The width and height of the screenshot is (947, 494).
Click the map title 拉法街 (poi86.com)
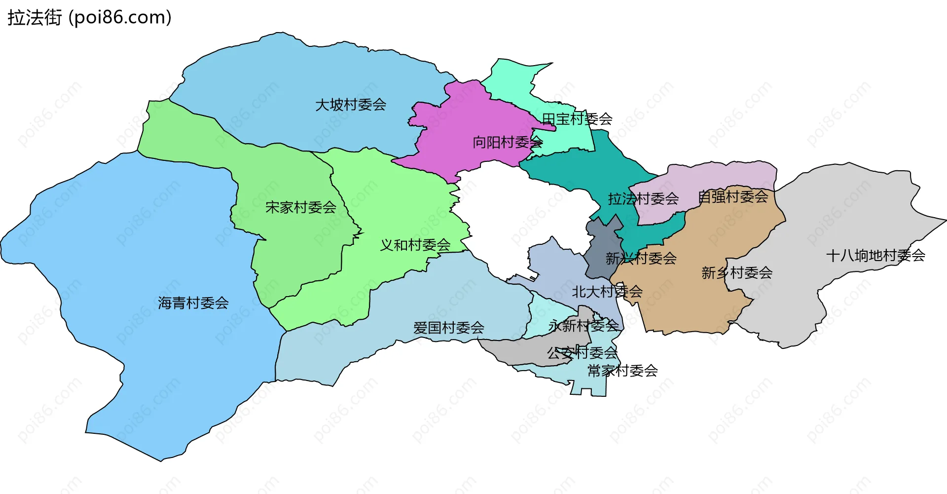click(x=89, y=18)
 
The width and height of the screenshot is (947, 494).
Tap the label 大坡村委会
click(x=351, y=105)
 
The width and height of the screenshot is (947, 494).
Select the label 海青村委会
click(x=193, y=303)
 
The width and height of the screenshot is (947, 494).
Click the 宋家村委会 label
click(x=301, y=207)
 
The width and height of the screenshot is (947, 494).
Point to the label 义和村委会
click(x=415, y=245)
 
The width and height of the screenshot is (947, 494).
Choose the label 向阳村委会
click(x=508, y=143)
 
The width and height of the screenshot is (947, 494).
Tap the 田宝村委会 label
click(x=577, y=119)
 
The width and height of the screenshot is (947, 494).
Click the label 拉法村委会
click(x=643, y=199)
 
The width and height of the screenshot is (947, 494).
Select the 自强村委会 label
click(x=733, y=197)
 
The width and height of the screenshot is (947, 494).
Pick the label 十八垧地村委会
click(x=875, y=256)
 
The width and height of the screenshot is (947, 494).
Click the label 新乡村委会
click(x=737, y=272)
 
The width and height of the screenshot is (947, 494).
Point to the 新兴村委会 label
click(x=641, y=258)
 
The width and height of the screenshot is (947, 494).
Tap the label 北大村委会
click(x=607, y=292)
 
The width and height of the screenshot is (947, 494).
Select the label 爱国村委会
click(x=449, y=328)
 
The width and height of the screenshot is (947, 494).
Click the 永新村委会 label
click(x=583, y=326)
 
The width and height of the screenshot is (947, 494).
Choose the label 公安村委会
click(x=582, y=353)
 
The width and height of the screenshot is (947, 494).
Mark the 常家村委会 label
click(x=622, y=371)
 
